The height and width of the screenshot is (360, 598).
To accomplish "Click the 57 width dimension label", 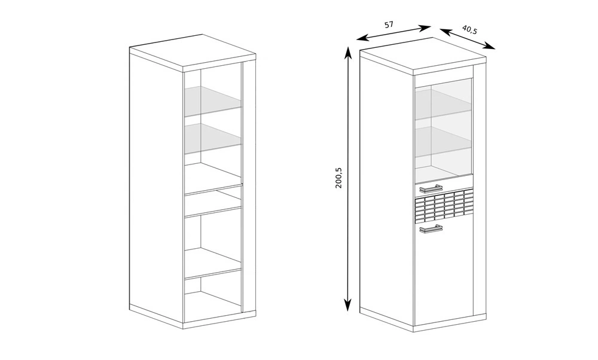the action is click(388, 25).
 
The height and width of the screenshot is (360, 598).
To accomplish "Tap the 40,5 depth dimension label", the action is click(469, 29).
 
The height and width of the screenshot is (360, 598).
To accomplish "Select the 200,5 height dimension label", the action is click(339, 178).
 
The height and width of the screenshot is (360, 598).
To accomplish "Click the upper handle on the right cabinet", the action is click(431, 189).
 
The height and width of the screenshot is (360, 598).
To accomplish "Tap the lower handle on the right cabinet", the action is click(431, 229).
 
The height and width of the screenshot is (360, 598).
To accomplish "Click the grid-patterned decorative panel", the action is click(444, 205).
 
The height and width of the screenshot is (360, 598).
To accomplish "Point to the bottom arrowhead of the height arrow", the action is click(347, 305).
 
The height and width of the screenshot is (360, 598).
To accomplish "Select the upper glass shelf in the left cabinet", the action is click(213, 100).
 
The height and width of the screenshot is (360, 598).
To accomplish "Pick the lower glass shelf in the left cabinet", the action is click(213, 138).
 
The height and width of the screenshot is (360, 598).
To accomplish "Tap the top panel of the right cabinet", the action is click(423, 55).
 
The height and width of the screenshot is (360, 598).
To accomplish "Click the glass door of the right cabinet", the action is click(444, 130).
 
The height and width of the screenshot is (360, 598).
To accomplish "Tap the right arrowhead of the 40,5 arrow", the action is click(490, 47).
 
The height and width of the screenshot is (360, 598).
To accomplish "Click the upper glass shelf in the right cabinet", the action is click(444, 105).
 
